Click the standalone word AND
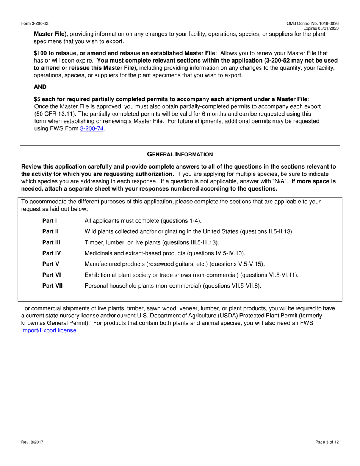40,87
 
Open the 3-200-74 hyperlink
92,129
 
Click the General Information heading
180,154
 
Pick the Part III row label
51,242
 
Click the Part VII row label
52,286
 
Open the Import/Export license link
49,330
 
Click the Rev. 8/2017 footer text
31,442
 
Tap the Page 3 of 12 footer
327,442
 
